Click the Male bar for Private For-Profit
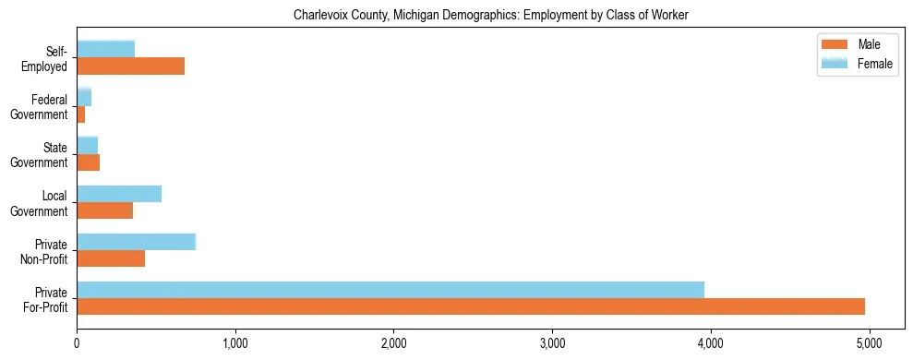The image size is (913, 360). (x=471, y=306)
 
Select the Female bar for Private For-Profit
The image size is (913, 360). (x=390, y=290)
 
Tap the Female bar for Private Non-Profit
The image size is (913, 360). (x=137, y=242)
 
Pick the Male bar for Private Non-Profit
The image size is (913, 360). (x=111, y=258)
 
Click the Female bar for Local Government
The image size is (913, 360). (x=119, y=194)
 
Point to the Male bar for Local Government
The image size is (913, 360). (x=105, y=210)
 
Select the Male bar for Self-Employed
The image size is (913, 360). (x=131, y=66)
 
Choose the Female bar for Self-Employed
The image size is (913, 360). (x=106, y=49)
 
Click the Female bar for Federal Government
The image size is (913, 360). (x=84, y=97)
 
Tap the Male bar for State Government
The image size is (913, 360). (x=89, y=162)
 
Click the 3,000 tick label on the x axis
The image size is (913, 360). (x=552, y=344)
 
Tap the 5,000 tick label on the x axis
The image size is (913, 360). (x=869, y=344)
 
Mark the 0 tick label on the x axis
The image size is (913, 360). (x=77, y=344)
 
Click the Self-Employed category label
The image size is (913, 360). (x=50, y=58)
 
